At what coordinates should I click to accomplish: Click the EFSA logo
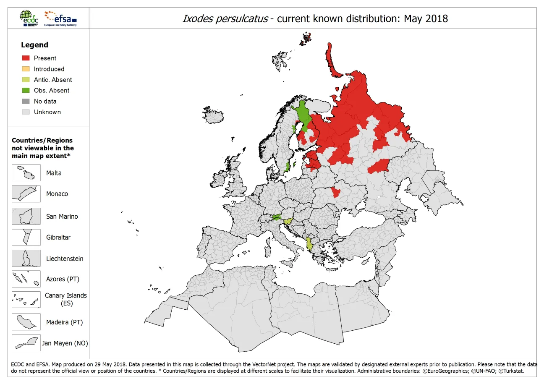click(61, 18)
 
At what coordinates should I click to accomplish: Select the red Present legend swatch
click(26, 58)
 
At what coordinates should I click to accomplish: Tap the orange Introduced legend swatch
click(26, 69)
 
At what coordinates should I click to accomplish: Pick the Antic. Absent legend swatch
click(26, 80)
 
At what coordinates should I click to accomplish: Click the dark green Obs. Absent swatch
click(26, 90)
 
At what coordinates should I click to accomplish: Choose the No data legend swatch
click(26, 101)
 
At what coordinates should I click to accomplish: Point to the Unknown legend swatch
click(26, 112)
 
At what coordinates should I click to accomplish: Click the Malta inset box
click(26, 173)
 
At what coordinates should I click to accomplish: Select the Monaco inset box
click(26, 194)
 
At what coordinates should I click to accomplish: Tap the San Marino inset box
click(26, 217)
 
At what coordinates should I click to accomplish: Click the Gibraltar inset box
click(26, 237)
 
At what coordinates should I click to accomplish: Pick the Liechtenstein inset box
click(26, 259)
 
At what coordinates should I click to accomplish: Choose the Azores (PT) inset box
click(26, 279)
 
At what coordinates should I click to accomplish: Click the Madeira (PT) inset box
click(26, 322)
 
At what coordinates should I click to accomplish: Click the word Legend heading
click(34, 45)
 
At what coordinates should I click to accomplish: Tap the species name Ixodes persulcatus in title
click(225, 19)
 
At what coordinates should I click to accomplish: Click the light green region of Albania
click(310, 244)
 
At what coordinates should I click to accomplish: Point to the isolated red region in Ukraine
click(335, 192)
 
